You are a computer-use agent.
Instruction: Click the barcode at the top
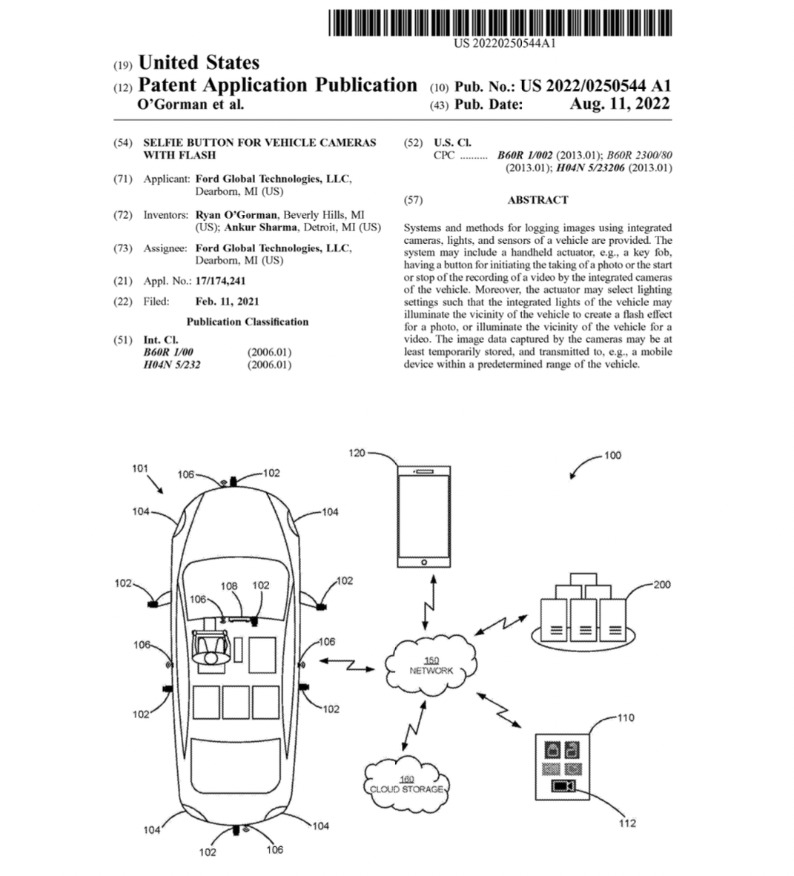click(500, 22)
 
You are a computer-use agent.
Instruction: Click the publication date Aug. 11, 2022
click(619, 104)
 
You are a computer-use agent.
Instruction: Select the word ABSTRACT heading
click(537, 200)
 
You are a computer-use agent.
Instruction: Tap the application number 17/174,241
click(220, 281)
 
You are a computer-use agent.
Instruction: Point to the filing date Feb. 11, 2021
click(227, 302)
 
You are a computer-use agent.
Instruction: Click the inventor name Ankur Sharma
click(261, 228)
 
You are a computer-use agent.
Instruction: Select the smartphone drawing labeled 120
click(423, 517)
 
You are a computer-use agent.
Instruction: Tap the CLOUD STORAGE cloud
click(406, 784)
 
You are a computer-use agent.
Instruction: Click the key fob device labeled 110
click(562, 766)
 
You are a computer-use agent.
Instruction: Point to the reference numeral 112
click(627, 823)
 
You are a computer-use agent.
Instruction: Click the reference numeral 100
click(612, 455)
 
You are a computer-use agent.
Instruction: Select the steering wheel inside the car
click(210, 648)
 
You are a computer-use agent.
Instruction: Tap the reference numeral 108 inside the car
click(229, 586)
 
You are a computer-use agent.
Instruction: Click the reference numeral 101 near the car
click(139, 468)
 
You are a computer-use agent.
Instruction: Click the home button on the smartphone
click(423, 562)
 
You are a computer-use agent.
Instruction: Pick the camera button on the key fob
click(563, 786)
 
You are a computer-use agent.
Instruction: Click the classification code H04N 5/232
click(171, 365)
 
